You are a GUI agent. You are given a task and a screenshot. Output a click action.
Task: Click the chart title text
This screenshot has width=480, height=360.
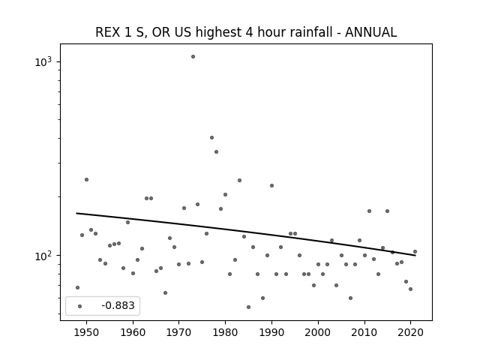pos(246,32)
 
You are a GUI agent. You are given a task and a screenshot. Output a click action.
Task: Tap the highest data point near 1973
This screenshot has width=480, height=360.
pos(193,57)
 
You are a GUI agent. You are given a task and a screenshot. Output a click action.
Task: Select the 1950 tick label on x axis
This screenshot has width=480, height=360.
pos(87,333)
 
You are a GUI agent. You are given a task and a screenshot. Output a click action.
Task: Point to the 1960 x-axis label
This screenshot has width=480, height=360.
pos(133,333)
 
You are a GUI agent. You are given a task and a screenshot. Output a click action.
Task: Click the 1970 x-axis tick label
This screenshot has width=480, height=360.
pos(179,333)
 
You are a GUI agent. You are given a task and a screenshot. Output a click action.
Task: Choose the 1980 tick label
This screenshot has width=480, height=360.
pos(225,333)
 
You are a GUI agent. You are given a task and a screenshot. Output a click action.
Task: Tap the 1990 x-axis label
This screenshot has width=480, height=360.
pos(271,333)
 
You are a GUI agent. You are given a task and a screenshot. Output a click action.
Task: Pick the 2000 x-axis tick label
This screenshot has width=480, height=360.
pos(318,333)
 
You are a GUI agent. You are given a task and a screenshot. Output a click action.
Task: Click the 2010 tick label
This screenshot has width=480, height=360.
pos(364,333)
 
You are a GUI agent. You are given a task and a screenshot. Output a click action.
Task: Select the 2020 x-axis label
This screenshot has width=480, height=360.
pos(410,333)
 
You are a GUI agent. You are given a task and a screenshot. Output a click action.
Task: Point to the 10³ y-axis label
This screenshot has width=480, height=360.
pos(43,61)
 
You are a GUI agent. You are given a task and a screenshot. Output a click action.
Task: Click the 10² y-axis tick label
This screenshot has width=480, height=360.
pos(43,256)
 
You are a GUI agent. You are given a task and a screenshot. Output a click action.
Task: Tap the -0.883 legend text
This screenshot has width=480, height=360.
pos(118,305)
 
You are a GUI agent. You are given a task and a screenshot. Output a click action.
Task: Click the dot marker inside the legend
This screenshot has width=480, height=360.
pos(80,306)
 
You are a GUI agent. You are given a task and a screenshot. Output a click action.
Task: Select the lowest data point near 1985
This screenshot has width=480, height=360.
pos(248,307)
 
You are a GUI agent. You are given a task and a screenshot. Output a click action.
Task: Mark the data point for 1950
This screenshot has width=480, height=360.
pos(87,180)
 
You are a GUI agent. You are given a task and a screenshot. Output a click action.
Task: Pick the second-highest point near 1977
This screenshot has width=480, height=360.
pos(211,138)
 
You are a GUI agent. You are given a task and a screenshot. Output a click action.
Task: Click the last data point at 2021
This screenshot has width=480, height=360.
pos(415,252)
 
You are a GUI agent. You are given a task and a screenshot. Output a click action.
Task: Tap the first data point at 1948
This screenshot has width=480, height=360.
pos(77,287)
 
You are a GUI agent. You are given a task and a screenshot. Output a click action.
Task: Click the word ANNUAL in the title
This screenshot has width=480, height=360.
pos(370,32)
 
